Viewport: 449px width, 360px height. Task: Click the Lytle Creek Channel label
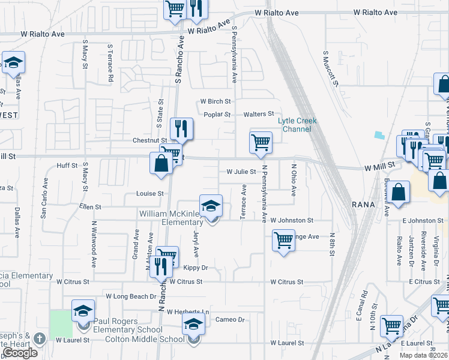[x=297, y=125]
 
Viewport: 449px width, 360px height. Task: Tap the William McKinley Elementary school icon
[x=211, y=206]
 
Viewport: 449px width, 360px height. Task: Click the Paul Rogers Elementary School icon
[x=83, y=311]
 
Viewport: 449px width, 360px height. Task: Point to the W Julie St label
[x=241, y=172]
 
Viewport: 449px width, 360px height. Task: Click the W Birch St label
[x=215, y=101]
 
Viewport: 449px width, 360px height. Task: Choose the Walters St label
[x=258, y=114]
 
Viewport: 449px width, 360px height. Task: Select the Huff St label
[x=67, y=166]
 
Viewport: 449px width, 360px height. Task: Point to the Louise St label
[x=150, y=194]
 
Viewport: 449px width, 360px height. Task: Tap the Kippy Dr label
[x=196, y=268]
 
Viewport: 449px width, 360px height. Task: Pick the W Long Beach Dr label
[x=131, y=296]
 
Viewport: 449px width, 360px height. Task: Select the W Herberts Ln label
[x=188, y=312]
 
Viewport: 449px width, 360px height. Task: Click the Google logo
[x=20, y=353]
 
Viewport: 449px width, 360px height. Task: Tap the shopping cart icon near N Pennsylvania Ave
[x=261, y=143]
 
